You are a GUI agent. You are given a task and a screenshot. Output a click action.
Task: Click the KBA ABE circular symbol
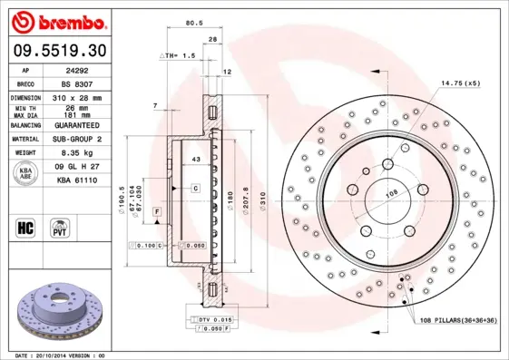pyautogui.click(x=26, y=174)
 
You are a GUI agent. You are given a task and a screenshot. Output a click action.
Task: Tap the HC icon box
pyautogui.click(x=26, y=227)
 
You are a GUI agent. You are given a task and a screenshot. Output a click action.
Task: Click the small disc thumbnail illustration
pyautogui.click(x=56, y=310)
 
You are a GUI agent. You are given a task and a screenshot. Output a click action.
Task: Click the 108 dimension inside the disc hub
pyautogui.click(x=393, y=193)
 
